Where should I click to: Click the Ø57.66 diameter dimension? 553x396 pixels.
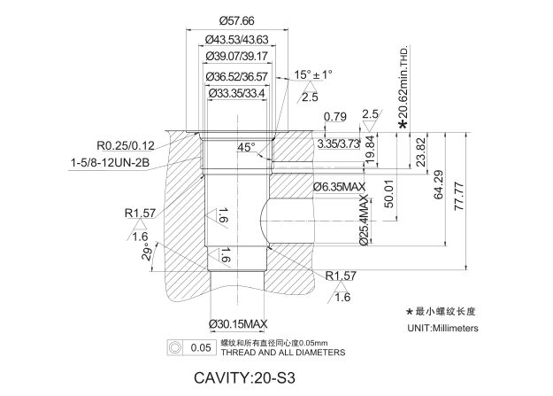click(236, 20)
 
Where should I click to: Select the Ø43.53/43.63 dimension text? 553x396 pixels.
click(236, 40)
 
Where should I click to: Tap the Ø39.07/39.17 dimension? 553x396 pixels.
click(236, 57)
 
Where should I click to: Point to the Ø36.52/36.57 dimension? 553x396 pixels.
click(236, 76)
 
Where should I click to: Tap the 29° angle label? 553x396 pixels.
click(148, 255)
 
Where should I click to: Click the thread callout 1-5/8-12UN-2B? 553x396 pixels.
click(109, 163)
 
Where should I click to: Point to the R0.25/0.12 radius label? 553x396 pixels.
click(126, 145)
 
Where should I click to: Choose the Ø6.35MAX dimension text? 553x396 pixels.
click(340, 188)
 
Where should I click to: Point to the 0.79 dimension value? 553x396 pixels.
click(335, 117)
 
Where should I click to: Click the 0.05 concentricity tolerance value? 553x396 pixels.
click(201, 347)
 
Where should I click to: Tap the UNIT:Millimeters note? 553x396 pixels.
click(442, 328)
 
